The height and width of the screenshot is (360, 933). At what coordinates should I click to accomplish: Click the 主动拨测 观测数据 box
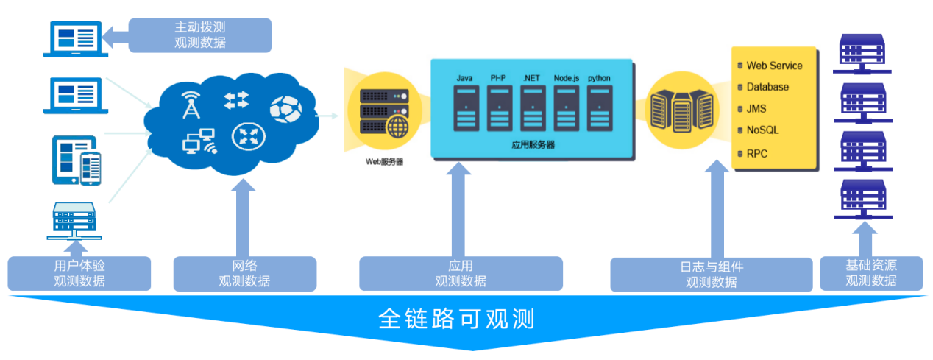(x=199, y=35)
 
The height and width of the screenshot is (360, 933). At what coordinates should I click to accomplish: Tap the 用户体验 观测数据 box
(x=79, y=273)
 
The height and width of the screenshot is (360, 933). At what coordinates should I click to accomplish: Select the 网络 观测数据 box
(x=244, y=273)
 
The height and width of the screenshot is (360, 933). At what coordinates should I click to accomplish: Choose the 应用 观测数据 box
(x=461, y=273)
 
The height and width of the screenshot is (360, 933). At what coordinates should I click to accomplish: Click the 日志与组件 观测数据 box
(x=711, y=273)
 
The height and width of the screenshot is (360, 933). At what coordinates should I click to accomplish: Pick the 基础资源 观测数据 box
(x=870, y=273)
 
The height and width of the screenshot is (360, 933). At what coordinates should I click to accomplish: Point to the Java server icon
(x=464, y=107)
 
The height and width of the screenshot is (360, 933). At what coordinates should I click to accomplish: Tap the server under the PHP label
(x=499, y=107)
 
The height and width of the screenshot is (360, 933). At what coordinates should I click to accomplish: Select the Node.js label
(x=567, y=78)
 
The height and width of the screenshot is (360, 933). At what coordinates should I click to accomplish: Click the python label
(x=599, y=78)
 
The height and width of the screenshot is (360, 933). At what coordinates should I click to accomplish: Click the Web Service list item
(x=774, y=66)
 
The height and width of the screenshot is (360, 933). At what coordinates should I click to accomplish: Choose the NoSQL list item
(x=762, y=130)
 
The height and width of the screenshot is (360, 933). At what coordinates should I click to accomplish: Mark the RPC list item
(x=756, y=154)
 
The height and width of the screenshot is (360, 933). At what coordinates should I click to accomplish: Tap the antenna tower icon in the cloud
(x=191, y=106)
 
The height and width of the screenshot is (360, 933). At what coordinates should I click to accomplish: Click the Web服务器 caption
(x=384, y=161)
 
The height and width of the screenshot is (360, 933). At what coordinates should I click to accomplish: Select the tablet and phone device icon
(x=76, y=160)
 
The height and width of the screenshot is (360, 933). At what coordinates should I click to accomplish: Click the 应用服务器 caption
(x=533, y=145)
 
